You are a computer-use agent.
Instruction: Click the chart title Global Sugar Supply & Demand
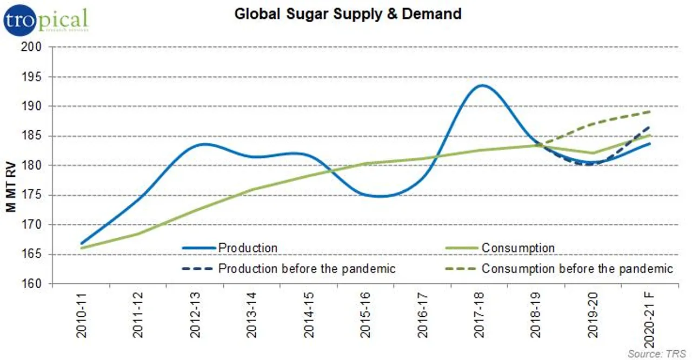click(x=348, y=14)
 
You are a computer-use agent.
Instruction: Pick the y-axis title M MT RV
click(x=11, y=165)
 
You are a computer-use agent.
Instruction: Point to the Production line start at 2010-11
click(x=82, y=244)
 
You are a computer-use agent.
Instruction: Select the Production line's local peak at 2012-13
click(x=201, y=144)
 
